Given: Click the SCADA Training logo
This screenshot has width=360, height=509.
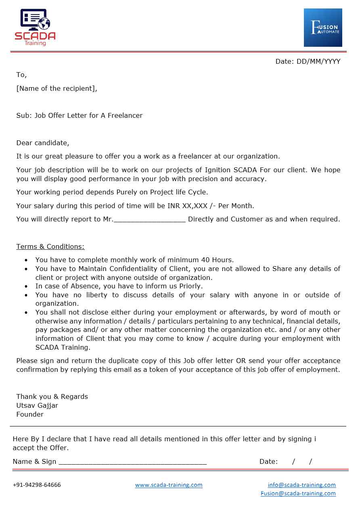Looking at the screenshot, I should pos(35,27).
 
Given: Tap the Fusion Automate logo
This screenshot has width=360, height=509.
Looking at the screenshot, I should pos(323,27).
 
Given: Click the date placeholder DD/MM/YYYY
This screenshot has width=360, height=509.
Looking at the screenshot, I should pos(318,61).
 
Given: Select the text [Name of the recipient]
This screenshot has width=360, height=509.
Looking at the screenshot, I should pos(57,88).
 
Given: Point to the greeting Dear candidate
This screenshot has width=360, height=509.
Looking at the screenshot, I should pos(43,143).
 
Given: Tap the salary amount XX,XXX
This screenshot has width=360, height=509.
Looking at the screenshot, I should pos(195,206).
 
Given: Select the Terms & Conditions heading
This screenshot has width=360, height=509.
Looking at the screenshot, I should pos(50,246).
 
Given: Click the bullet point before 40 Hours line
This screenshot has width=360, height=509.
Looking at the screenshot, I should pos(27,261).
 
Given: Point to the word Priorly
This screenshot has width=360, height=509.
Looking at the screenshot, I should pos(188,286).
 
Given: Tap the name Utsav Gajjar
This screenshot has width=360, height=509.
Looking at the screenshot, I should pos(37,405).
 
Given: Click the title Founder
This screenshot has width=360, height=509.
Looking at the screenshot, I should pos(30,414).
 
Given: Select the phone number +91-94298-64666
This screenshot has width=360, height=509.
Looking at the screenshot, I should pos(37,485).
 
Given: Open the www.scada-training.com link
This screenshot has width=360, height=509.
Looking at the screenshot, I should pos(169,485).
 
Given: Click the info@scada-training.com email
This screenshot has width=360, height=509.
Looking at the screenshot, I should pos(301,485).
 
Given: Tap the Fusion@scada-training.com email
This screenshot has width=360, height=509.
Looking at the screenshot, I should pos(298,493).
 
